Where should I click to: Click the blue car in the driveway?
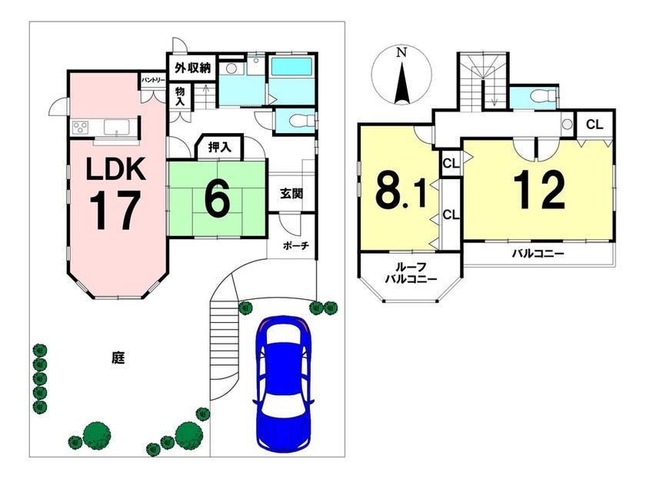click(x=285, y=384)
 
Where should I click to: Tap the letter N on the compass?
click(x=401, y=52)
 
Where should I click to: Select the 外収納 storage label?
click(x=192, y=68)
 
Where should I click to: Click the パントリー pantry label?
click(x=153, y=80)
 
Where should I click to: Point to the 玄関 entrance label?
click(x=291, y=193)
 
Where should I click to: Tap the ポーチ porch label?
click(x=296, y=245)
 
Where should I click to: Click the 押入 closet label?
click(x=220, y=147)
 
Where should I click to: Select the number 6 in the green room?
click(x=217, y=199)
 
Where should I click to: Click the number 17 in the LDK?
click(x=114, y=211)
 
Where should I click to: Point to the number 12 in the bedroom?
click(x=539, y=190)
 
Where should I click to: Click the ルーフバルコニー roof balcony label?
click(x=410, y=273)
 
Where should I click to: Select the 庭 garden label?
click(x=118, y=358)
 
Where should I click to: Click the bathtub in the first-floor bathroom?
click(x=291, y=66)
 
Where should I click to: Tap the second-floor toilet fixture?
click(x=541, y=97)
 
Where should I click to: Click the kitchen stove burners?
click(x=82, y=126)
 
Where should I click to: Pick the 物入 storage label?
click(x=180, y=96)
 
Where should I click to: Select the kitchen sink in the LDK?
click(x=118, y=126)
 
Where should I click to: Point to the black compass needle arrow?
click(x=401, y=81)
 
